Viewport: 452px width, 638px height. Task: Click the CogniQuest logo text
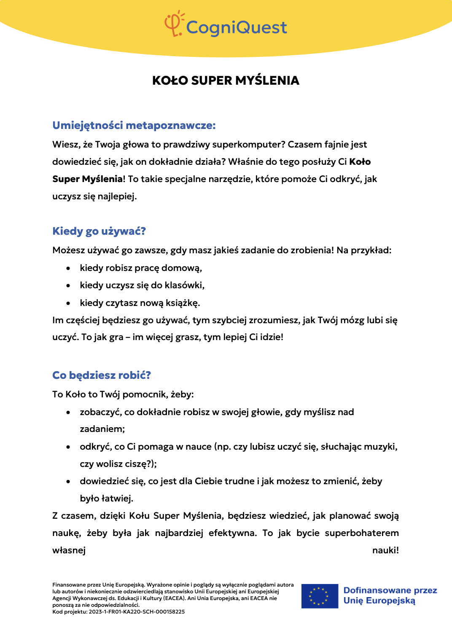pos(236,28)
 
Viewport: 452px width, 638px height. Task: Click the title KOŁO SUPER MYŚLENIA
pos(226,80)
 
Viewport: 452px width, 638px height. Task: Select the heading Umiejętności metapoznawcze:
pos(134,125)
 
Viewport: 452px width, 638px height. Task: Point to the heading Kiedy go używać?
pos(99,231)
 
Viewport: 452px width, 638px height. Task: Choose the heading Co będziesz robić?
pos(101,375)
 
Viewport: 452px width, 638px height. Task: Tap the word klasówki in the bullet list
pos(184,285)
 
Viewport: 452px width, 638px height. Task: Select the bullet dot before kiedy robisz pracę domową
pos(68,268)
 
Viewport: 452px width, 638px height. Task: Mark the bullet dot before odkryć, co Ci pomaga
pos(68,447)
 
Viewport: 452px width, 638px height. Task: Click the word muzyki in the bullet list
pos(384,446)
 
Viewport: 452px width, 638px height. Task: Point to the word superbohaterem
pos(361,533)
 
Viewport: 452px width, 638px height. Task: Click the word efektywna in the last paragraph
pos(232,533)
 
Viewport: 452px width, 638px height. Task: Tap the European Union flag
pos(320,596)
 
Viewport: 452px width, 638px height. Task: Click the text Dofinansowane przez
pos(390,590)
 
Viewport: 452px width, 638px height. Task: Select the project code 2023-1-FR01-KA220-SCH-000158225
pos(137,612)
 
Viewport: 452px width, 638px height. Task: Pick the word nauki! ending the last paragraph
pos(385,550)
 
